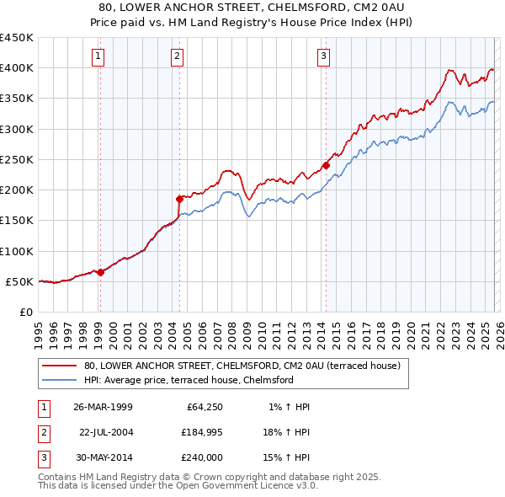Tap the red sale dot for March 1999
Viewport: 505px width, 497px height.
click(100, 272)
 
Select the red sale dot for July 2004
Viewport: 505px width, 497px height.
click(178, 199)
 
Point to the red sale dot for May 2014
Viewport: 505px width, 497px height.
click(325, 165)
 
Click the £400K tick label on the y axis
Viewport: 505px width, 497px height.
click(17, 68)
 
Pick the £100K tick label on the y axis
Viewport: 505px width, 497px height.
click(17, 251)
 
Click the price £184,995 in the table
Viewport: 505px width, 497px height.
click(199, 431)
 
